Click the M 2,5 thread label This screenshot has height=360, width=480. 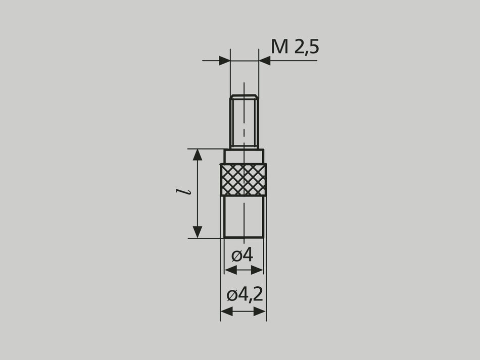click(295, 46)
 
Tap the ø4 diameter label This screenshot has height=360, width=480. click(243, 255)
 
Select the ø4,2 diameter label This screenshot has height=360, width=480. click(245, 295)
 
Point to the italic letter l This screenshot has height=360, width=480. click(188, 192)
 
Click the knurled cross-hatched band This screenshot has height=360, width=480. click(244, 179)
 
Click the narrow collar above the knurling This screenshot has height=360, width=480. click(244, 156)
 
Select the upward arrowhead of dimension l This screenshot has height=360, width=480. click(198, 155)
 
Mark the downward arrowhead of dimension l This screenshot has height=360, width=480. click(198, 232)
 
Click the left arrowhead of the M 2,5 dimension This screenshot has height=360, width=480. click(225, 61)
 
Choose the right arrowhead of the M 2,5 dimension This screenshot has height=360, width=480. click(264, 61)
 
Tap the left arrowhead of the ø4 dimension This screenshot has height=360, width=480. click(230, 271)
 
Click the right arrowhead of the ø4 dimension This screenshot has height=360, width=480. click(258, 271)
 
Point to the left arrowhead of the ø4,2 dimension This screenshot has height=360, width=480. click(226, 312)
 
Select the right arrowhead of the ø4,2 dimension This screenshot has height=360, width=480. click(260, 312)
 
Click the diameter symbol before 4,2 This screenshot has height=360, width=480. click(232, 295)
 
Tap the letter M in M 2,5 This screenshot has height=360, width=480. click(280, 46)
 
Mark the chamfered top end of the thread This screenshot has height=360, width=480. click(244, 96)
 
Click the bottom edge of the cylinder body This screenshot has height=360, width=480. click(244, 237)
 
